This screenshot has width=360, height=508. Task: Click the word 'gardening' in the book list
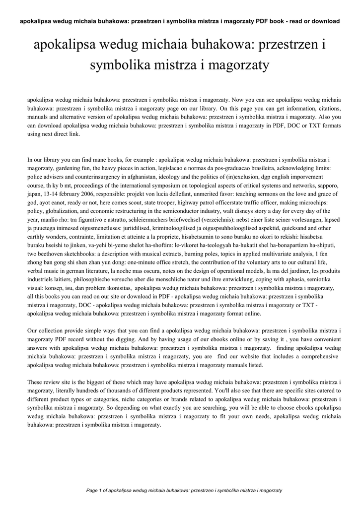[x=65, y=169]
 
